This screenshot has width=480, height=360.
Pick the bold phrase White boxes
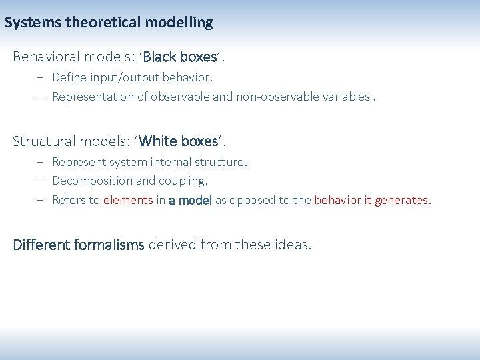[x=179, y=141]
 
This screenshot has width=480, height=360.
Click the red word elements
[x=128, y=199]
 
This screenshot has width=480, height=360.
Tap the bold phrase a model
[x=190, y=199]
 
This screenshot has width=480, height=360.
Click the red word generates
[x=402, y=199]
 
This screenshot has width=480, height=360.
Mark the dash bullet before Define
[x=40, y=78]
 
